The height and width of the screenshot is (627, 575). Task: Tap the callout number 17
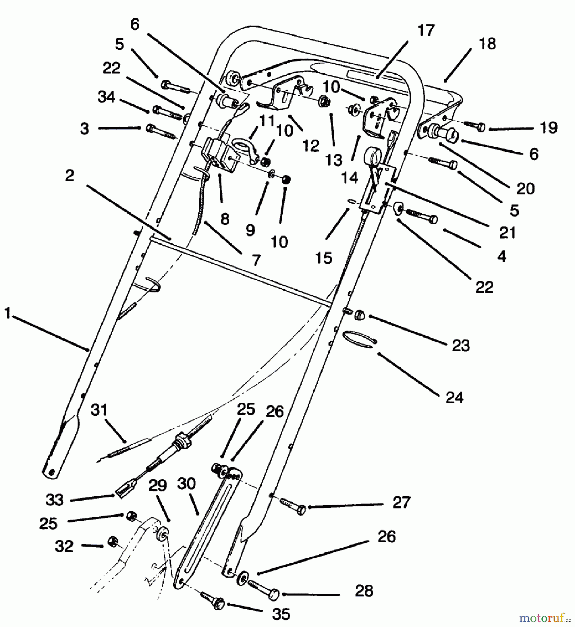426,31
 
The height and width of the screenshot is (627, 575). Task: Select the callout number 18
487,44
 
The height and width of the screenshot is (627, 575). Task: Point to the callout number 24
454,397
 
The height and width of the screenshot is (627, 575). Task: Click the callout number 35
281,614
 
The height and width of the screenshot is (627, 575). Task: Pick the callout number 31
99,410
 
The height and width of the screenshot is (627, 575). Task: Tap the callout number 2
70,176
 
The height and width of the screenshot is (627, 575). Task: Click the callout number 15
324,258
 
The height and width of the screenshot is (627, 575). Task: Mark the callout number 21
507,232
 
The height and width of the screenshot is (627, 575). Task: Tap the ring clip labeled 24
359,338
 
